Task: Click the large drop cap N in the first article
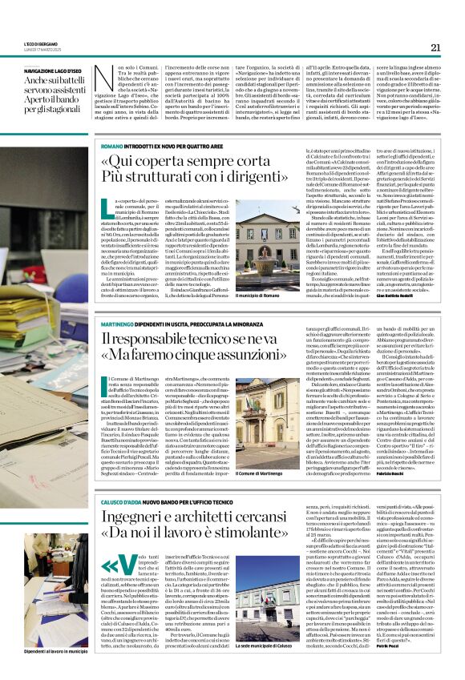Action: tap(102, 78)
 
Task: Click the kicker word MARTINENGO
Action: tap(117, 322)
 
